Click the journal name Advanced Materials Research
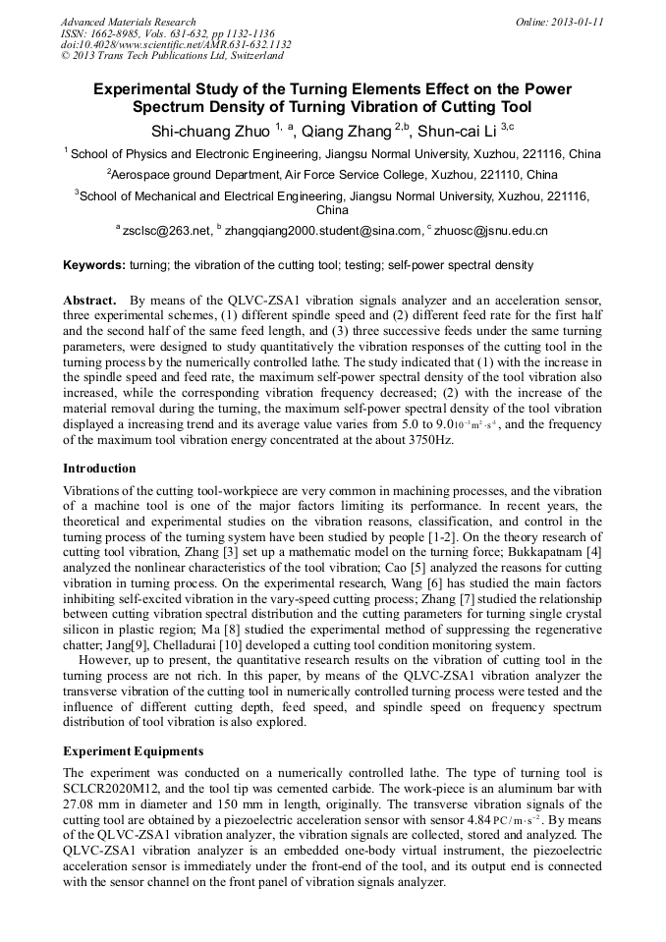[128, 22]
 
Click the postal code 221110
[498, 175]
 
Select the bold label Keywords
[93, 265]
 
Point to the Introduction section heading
[99, 469]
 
